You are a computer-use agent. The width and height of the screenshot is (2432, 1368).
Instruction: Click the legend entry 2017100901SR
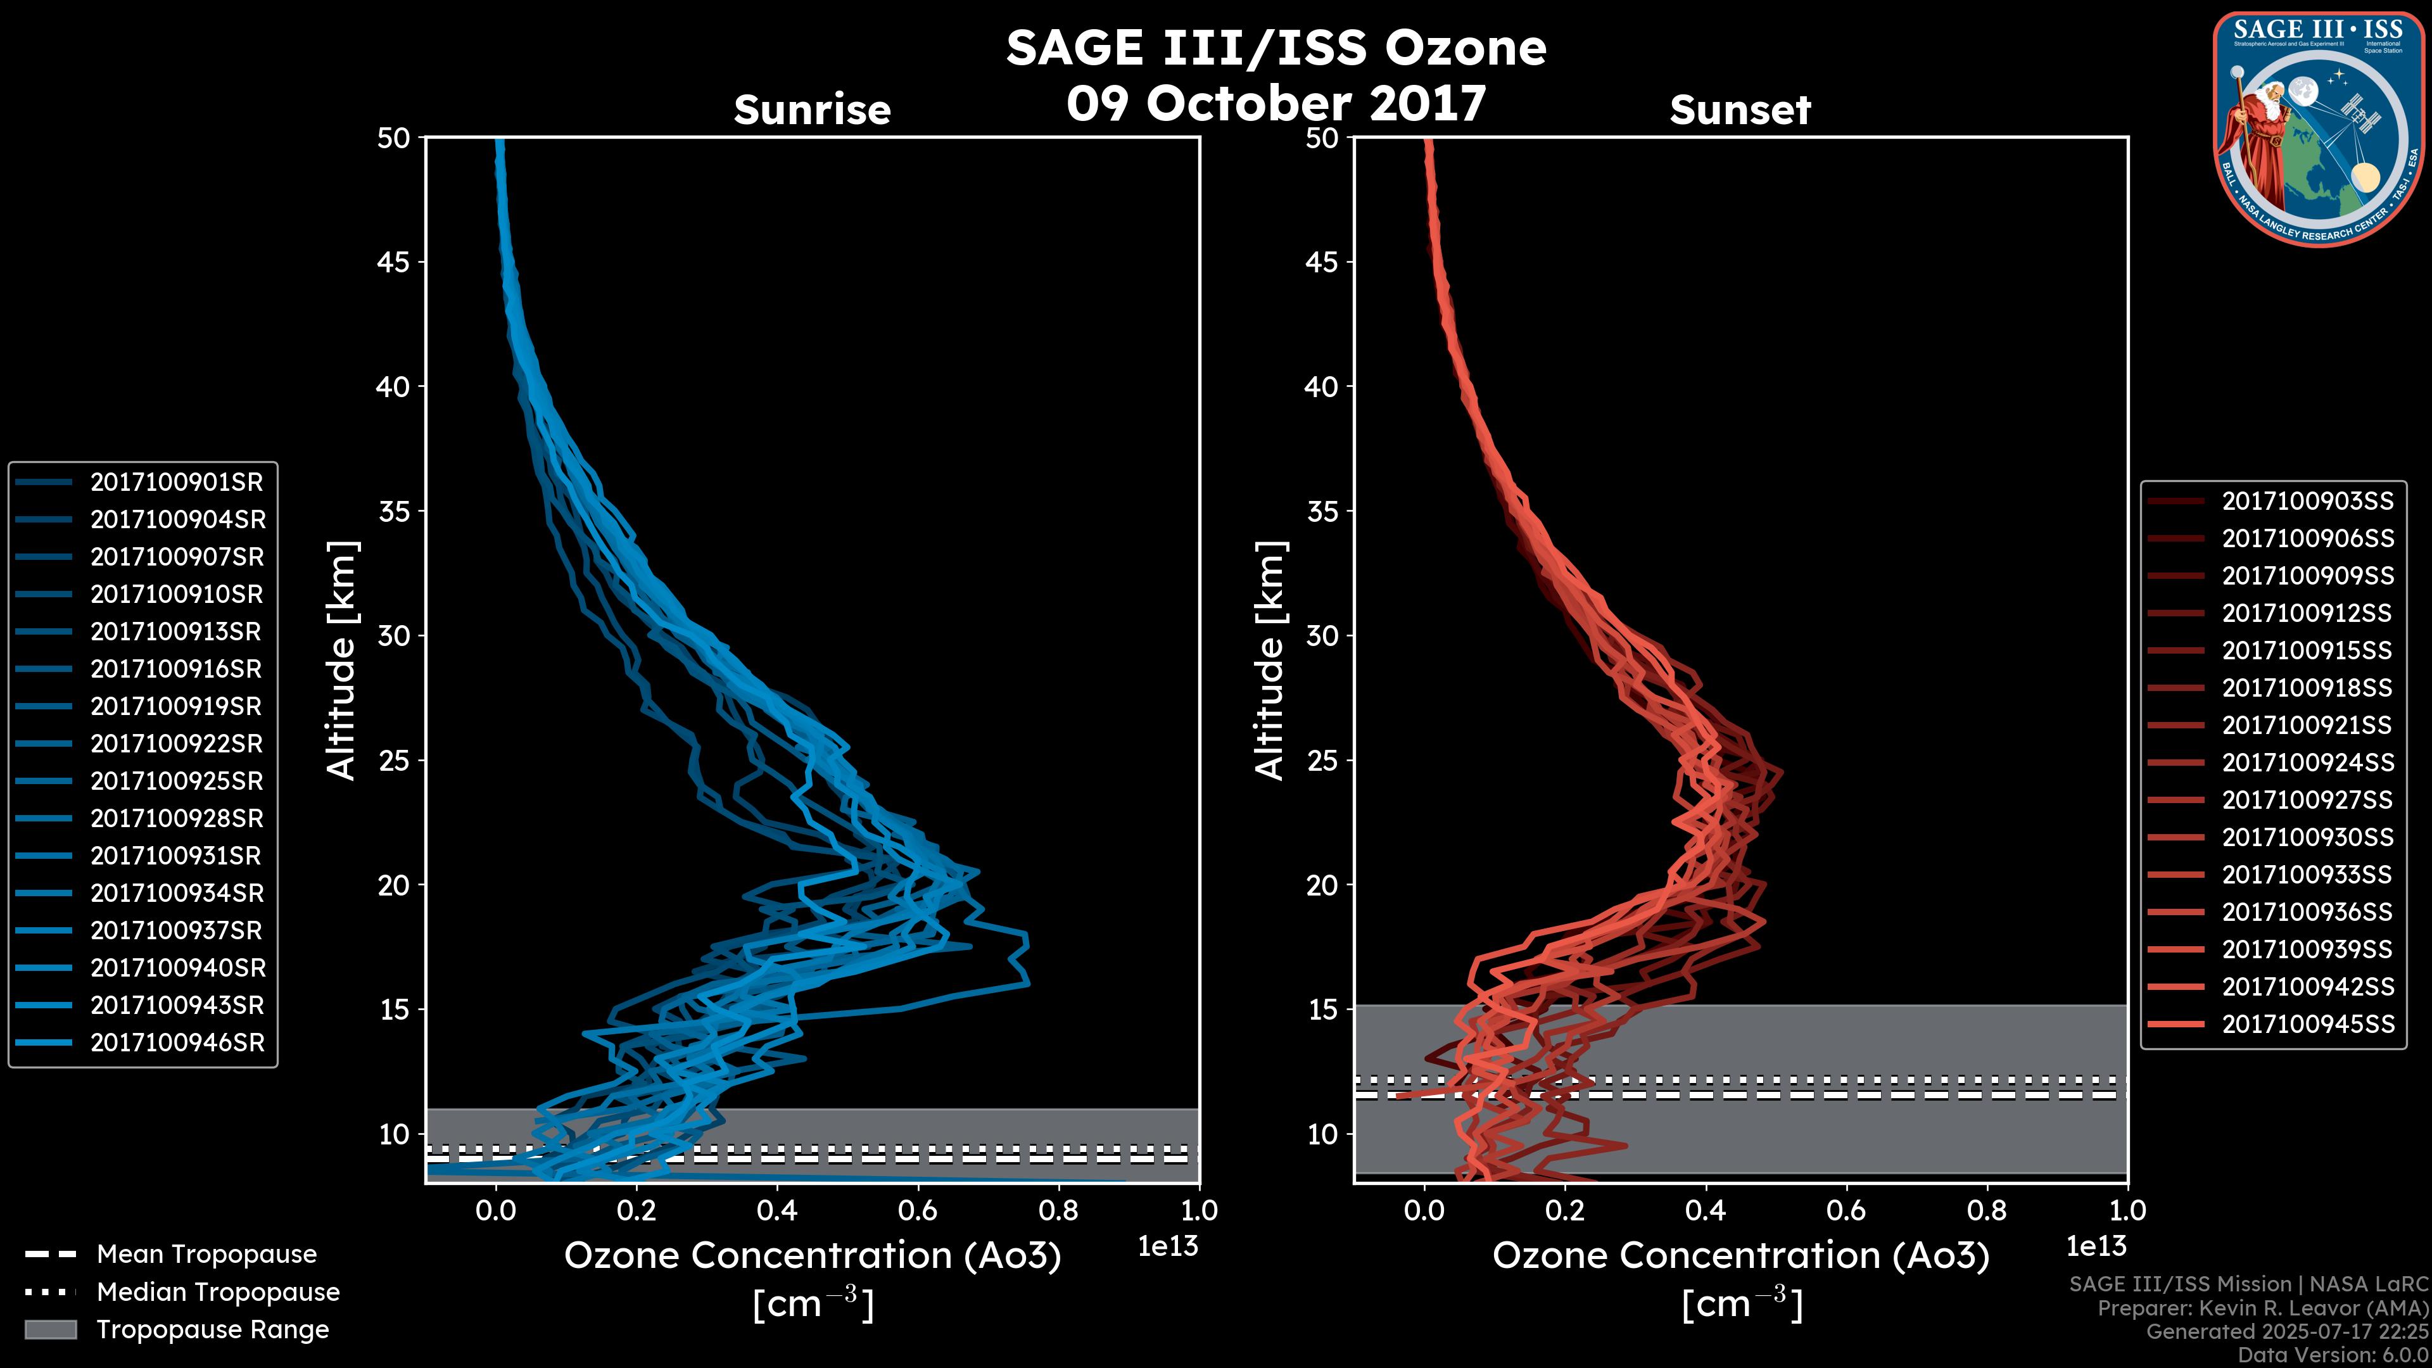tap(177, 483)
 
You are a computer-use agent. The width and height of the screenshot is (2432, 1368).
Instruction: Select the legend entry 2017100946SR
tap(177, 1043)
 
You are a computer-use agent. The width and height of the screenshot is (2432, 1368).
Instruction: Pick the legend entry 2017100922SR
tap(177, 744)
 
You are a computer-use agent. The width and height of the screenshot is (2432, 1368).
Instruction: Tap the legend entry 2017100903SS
tap(2307, 502)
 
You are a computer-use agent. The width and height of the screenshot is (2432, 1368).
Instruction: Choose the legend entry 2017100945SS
tap(2307, 1024)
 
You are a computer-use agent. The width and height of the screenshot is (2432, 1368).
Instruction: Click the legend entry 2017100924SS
tap(2307, 763)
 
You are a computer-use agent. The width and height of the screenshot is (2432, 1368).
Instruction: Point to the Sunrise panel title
tap(812, 110)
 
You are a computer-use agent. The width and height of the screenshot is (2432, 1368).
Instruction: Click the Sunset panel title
tap(1740, 110)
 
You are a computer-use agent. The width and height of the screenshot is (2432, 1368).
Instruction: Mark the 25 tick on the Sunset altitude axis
tap(1322, 760)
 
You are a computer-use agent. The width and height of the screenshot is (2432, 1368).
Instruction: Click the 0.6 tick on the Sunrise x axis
tap(918, 1210)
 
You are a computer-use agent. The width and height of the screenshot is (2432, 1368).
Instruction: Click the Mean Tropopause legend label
tap(206, 1255)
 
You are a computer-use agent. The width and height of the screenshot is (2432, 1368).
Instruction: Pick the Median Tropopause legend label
tap(218, 1293)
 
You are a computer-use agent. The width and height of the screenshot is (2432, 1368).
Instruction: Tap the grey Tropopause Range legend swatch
tap(50, 1329)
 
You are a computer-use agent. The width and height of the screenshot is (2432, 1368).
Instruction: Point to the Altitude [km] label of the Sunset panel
tap(1270, 660)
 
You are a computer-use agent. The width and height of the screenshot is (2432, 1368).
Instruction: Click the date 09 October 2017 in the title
tap(1276, 104)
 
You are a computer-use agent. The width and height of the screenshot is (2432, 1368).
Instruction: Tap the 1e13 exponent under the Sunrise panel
tap(1168, 1247)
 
